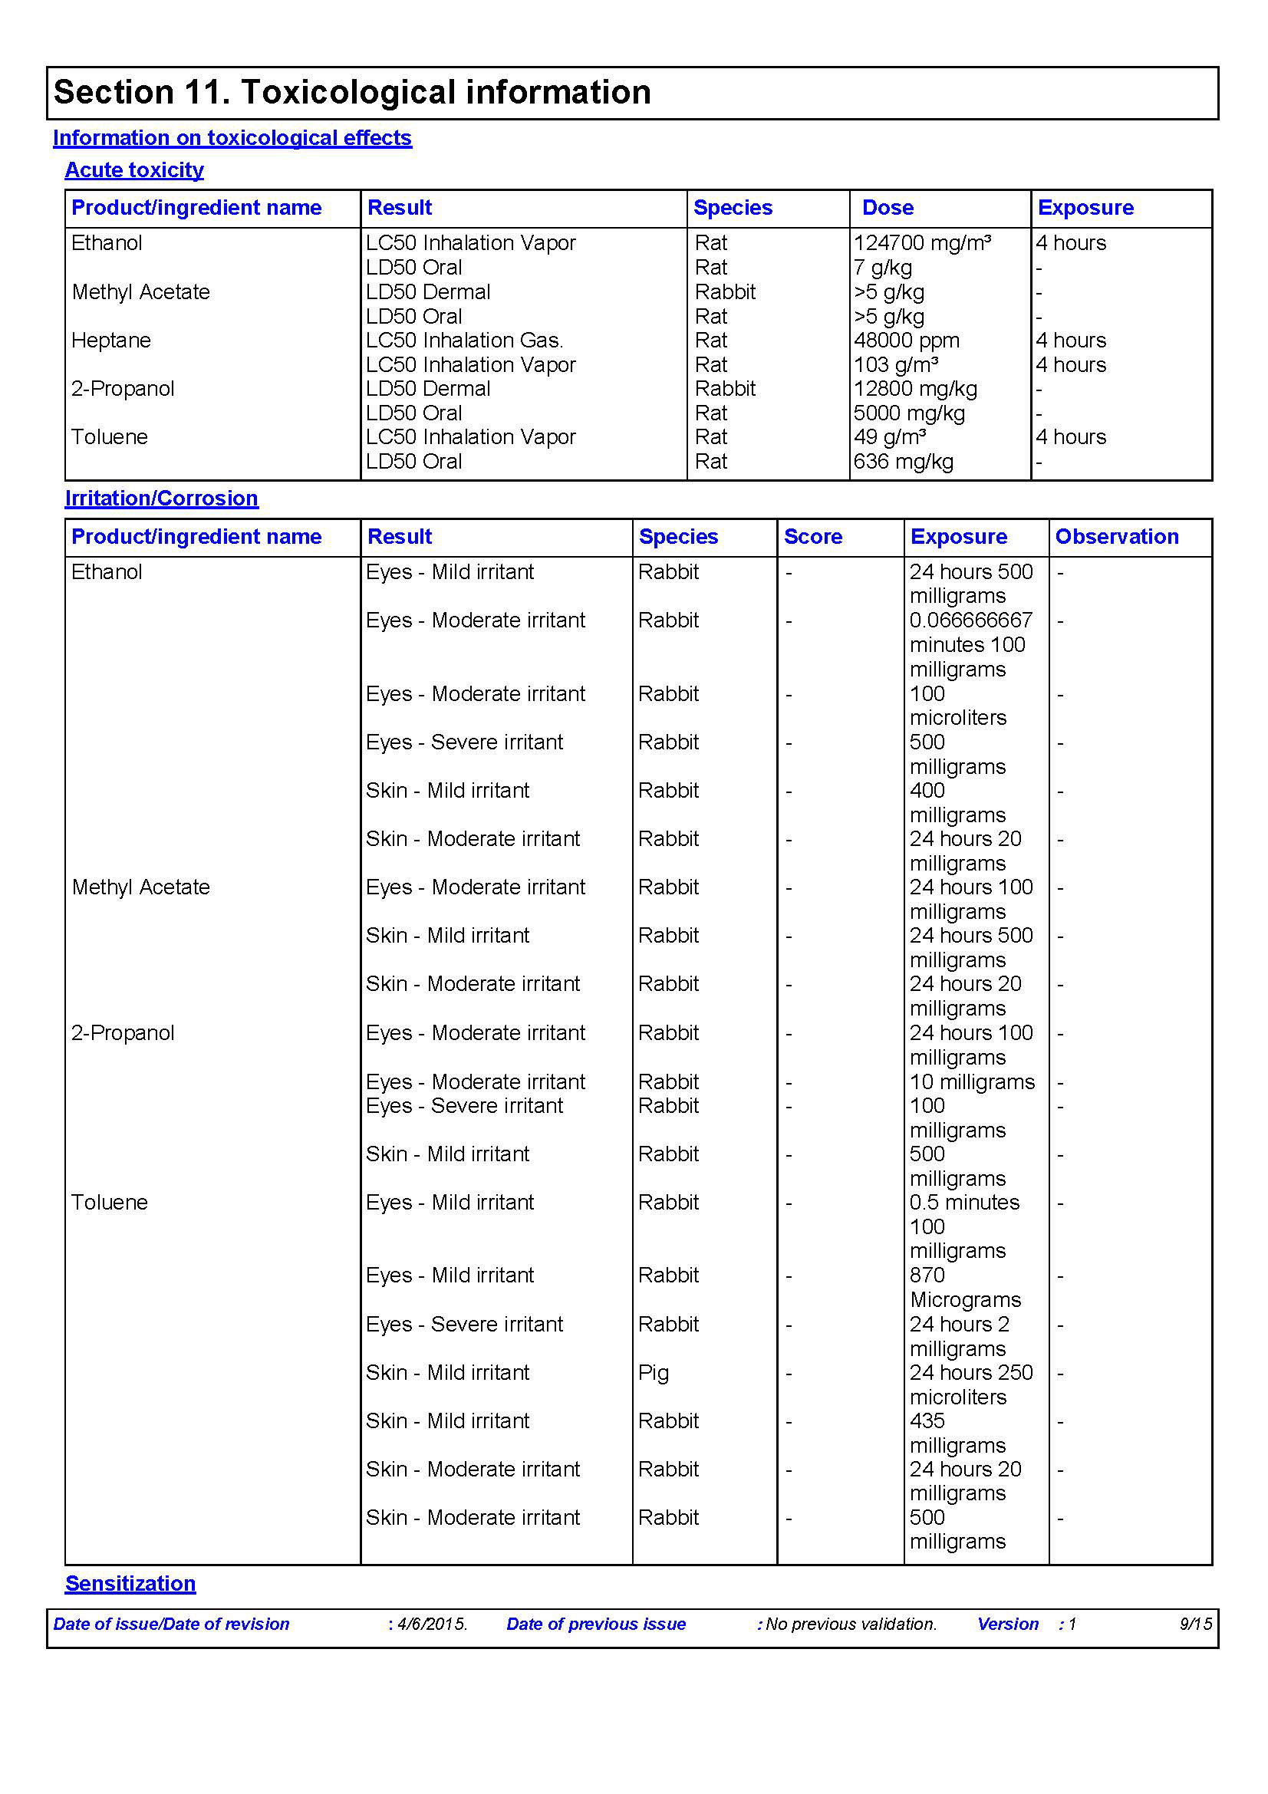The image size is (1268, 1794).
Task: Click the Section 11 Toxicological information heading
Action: (x=351, y=92)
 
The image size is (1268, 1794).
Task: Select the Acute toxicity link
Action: (x=133, y=170)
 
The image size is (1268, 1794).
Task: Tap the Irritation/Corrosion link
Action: (x=161, y=499)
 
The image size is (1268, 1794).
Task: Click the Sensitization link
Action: (x=130, y=1583)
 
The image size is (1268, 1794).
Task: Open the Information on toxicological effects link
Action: (x=232, y=138)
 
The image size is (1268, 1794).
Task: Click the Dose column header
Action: (x=888, y=208)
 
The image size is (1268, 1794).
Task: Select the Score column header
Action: (x=812, y=537)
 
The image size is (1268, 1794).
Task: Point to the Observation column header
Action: (x=1116, y=537)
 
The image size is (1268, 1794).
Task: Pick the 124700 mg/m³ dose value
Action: (x=922, y=243)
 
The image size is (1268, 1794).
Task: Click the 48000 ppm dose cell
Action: (x=906, y=341)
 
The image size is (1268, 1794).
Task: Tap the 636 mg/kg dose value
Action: (x=903, y=462)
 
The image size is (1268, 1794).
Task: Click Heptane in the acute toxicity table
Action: (x=111, y=341)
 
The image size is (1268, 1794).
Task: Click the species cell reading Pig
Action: (x=653, y=1373)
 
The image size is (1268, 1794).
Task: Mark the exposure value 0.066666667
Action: (x=970, y=620)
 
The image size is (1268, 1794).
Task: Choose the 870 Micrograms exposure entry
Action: (x=965, y=1288)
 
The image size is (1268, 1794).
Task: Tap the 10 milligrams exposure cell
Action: (x=972, y=1082)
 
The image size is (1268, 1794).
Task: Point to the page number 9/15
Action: (x=1195, y=1624)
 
